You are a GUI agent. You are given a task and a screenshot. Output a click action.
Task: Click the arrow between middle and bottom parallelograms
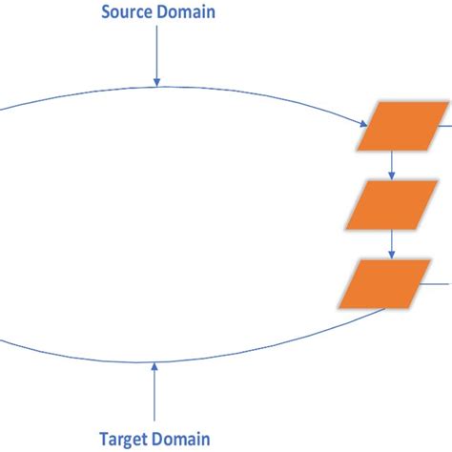[392, 244]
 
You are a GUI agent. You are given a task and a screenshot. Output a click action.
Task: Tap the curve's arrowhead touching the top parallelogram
[364, 125]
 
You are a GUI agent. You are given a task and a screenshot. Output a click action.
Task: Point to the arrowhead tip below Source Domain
[156, 85]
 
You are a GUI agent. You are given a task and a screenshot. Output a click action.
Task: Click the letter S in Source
[103, 13]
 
